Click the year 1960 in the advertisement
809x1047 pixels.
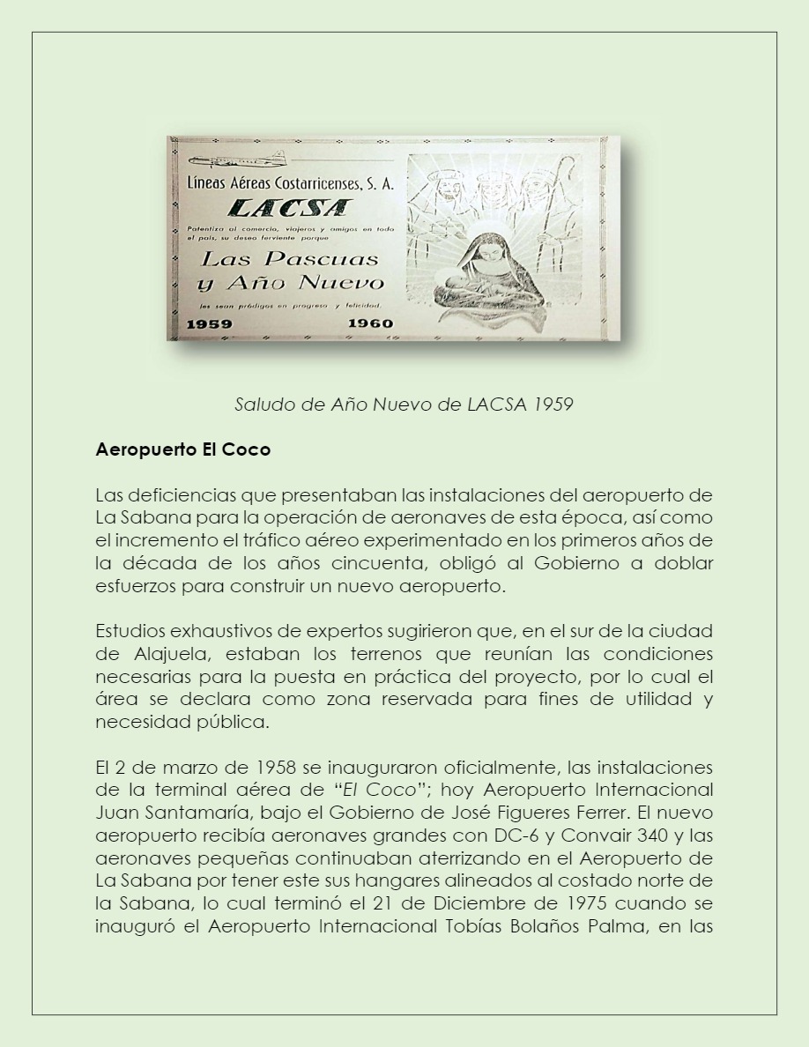coord(370,323)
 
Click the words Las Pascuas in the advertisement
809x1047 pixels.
coord(290,259)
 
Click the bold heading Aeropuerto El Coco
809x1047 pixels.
coord(182,449)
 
